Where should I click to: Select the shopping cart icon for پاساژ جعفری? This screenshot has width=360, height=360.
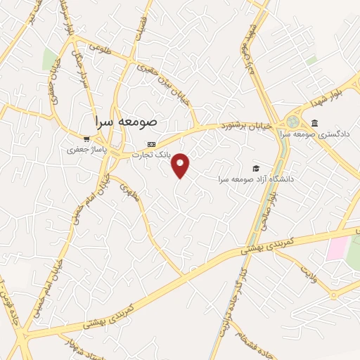point(86,140)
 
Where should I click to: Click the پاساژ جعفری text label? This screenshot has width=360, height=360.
point(85,150)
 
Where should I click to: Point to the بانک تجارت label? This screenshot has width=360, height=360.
point(151,154)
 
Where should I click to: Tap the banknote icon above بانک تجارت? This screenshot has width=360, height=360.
point(150,144)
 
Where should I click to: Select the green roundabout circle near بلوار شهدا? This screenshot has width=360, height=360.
point(292,121)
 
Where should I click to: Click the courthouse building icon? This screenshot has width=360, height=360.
point(314,124)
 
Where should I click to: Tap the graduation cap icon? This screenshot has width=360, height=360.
point(256,169)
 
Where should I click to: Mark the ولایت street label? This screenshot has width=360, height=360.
point(310,271)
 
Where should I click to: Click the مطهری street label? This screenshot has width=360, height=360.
point(130,191)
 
